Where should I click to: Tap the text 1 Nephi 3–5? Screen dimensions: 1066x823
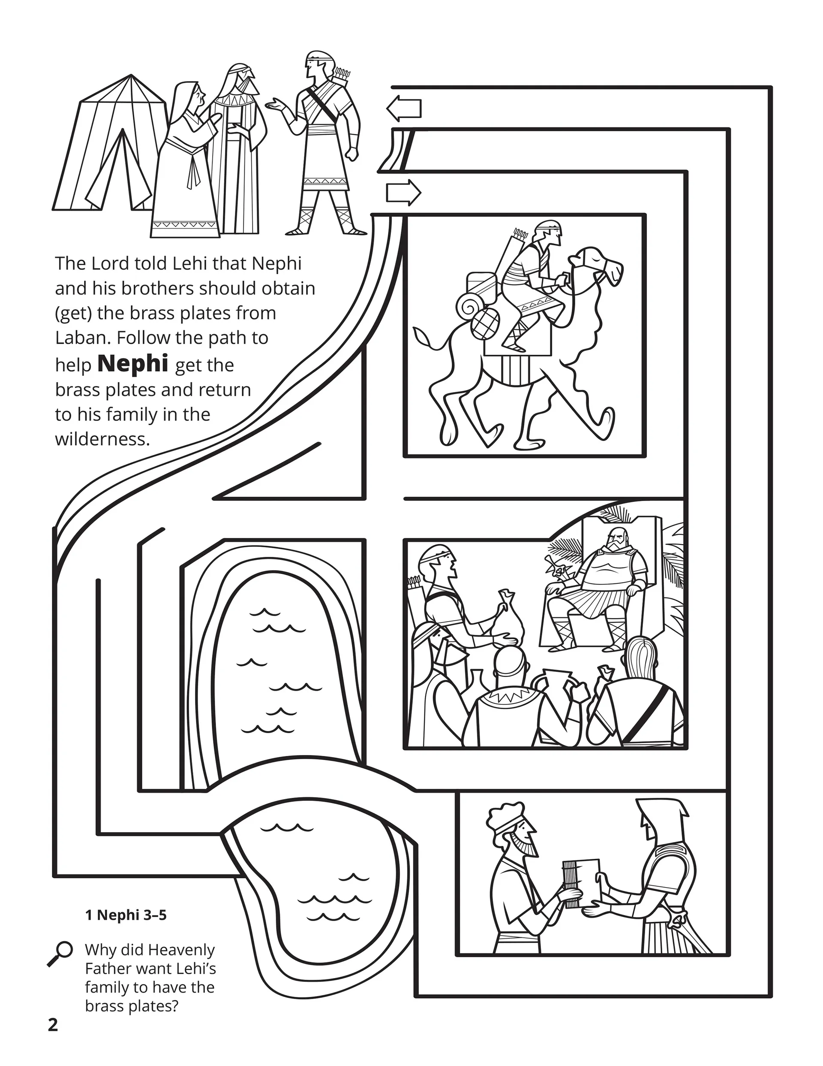tap(126, 915)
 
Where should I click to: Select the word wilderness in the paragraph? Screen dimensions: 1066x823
tap(102, 439)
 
